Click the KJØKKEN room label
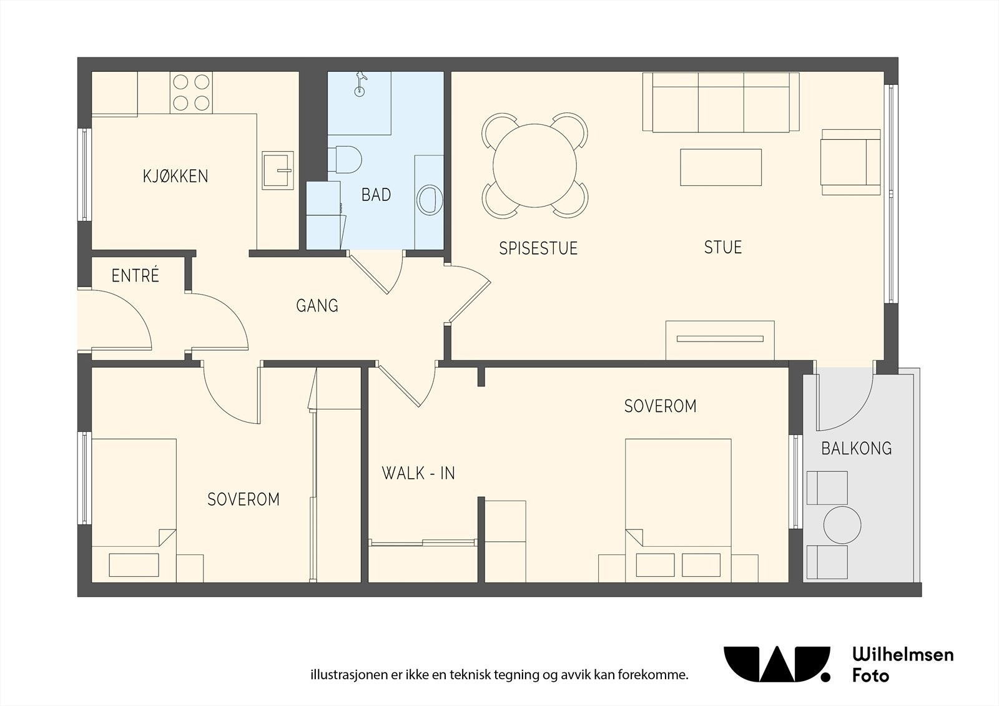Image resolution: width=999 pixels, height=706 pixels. coord(175,176)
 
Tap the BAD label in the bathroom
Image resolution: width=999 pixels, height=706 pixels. coord(376,195)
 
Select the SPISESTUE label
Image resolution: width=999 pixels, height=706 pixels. coord(538,248)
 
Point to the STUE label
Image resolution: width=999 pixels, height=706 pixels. coord(723,247)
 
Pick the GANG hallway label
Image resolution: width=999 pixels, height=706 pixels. coord(317,305)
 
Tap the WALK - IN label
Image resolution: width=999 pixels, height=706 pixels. coord(418,473)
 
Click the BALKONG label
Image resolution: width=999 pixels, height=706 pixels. coord(856,448)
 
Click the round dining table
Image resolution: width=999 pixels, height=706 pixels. coord(534,165)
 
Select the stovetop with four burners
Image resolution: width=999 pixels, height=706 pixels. coord(191,93)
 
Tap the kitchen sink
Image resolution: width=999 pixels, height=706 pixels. coord(277,170)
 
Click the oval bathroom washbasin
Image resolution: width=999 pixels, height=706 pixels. coord(430,200)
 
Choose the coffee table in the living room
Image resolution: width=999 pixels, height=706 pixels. coord(721,167)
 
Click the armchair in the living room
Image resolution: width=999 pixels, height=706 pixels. coord(851,162)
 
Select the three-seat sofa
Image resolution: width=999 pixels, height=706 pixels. coord(721,102)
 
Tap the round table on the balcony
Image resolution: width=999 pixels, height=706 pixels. coord(842,524)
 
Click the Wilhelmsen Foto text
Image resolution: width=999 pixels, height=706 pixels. coord(903,667)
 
